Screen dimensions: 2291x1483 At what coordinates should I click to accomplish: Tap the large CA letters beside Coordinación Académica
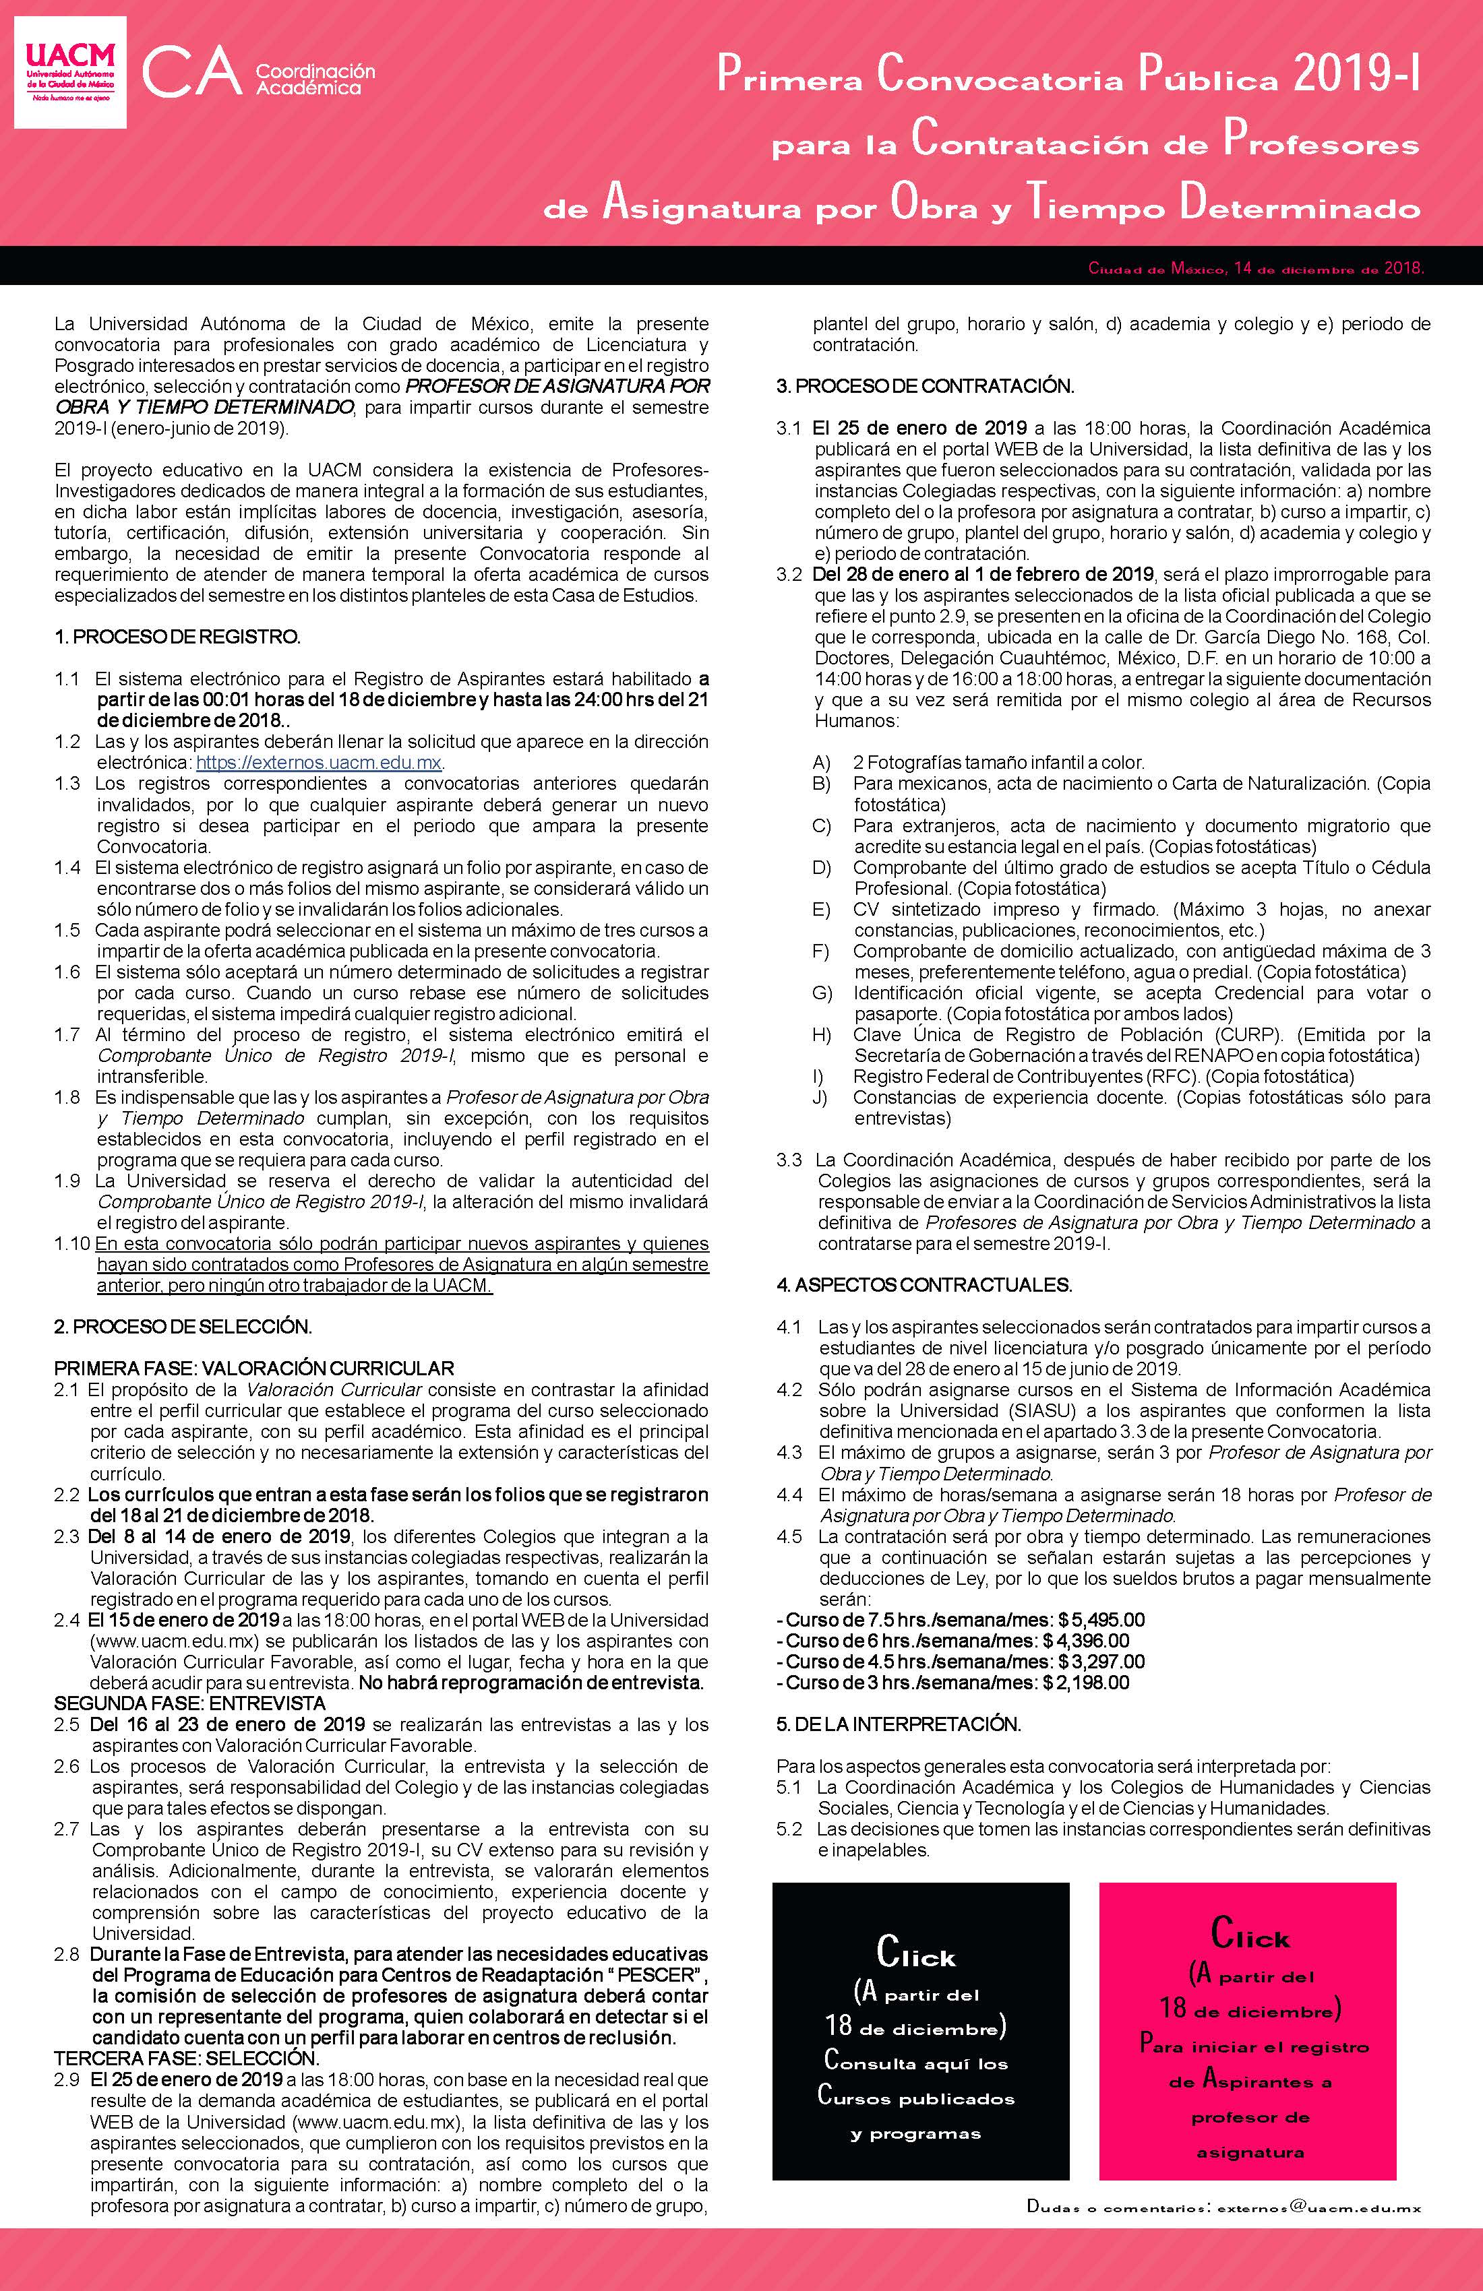(193, 75)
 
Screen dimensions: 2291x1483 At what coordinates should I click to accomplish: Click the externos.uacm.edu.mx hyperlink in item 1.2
(319, 762)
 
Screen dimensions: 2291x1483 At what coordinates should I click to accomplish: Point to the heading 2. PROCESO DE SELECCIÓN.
(183, 1327)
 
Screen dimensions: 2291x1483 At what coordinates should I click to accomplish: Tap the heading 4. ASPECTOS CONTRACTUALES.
(924, 1285)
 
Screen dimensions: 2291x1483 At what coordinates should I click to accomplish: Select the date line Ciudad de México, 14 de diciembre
(1254, 269)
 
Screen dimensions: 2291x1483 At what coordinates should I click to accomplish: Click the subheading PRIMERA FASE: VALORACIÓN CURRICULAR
(253, 1368)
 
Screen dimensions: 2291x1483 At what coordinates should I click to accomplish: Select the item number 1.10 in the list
(72, 1245)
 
